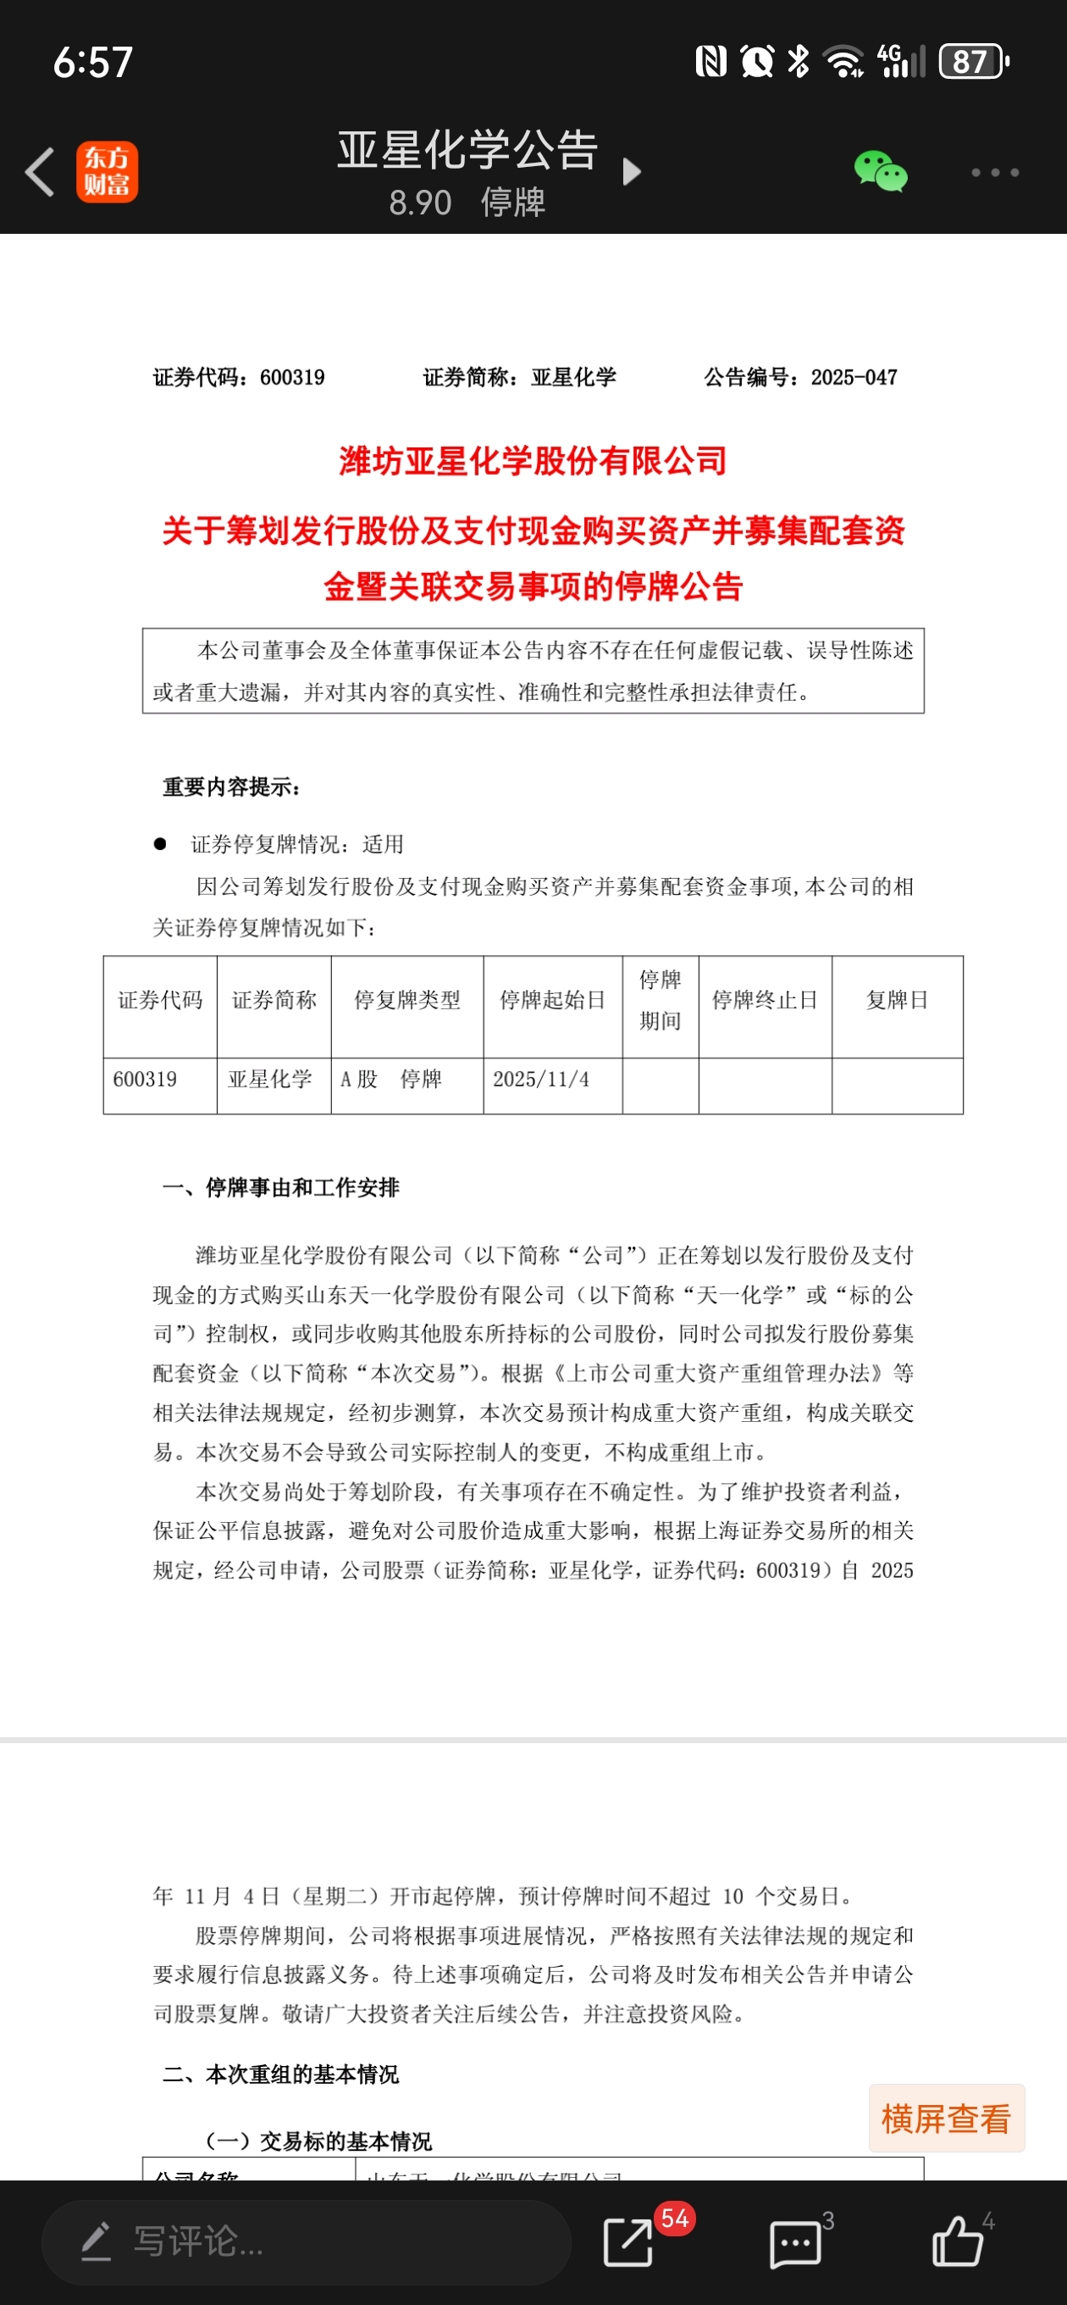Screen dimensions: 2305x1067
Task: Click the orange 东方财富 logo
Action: pyautogui.click(x=107, y=172)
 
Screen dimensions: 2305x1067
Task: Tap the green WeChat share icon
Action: pyautogui.click(x=880, y=171)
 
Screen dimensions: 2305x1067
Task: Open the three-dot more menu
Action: pyautogui.click(x=994, y=172)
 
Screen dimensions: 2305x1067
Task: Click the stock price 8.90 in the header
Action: pyautogui.click(x=419, y=203)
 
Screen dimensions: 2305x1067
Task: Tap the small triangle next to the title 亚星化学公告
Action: pyautogui.click(x=632, y=171)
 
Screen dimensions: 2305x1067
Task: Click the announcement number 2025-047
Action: pyautogui.click(x=854, y=378)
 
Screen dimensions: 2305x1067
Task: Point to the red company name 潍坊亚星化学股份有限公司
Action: pyautogui.click(x=533, y=461)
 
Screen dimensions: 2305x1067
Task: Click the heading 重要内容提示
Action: pyautogui.click(x=230, y=787)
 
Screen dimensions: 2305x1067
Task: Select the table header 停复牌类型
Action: pyautogui.click(x=407, y=1000)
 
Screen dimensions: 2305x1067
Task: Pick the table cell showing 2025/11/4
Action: pyautogui.click(x=541, y=1079)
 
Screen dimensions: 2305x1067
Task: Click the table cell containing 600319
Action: pyautogui.click(x=145, y=1079)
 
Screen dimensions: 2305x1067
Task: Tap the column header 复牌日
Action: pyautogui.click(x=897, y=1000)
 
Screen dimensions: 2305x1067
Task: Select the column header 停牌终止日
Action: pyautogui.click(x=765, y=1000)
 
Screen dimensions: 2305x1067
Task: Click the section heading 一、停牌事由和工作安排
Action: pyautogui.click(x=281, y=1187)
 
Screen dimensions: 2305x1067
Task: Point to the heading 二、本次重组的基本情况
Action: pyautogui.click(x=281, y=2074)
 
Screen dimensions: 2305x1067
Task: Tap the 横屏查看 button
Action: pyautogui.click(x=946, y=2119)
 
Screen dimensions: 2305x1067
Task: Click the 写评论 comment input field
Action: pyautogui.click(x=304, y=2241)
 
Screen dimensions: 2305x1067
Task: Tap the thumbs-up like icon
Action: pyautogui.click(x=957, y=2241)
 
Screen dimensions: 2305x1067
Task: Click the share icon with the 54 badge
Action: pyautogui.click(x=628, y=2241)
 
